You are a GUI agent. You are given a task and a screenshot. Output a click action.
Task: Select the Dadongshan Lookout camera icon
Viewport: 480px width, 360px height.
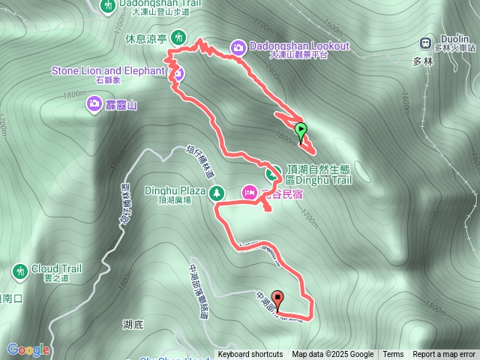[x=238, y=47]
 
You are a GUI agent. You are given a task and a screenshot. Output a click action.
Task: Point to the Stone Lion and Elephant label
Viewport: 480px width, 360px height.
[x=107, y=70]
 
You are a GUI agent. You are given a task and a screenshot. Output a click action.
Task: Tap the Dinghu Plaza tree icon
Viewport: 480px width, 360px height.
[x=217, y=193]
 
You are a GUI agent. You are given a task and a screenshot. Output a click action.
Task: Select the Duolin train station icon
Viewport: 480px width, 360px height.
[x=426, y=43]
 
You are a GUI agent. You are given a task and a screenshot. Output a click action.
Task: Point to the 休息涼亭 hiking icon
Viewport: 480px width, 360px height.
[x=178, y=36]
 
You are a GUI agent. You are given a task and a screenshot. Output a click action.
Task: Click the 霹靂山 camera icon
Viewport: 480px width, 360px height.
[x=95, y=103]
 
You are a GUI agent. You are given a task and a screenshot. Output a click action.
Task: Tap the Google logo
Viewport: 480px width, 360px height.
[x=28, y=349]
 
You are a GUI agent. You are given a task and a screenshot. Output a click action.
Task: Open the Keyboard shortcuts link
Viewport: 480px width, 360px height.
[x=250, y=354]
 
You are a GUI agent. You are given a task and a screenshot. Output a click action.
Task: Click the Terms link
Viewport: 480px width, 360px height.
[x=393, y=354]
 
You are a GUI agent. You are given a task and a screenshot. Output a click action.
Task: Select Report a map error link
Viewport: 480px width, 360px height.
[x=444, y=354]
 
